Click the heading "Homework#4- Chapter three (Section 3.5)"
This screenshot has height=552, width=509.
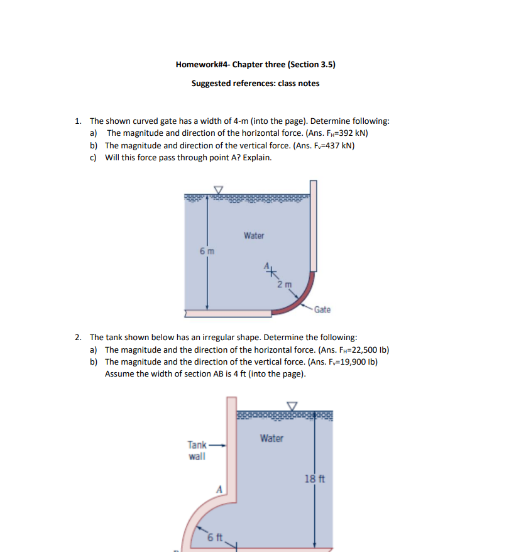point(255,64)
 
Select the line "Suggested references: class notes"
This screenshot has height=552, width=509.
point(255,83)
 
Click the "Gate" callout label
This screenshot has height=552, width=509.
point(322,309)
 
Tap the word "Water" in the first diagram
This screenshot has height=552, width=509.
point(254,236)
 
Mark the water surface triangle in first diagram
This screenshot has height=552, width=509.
point(219,189)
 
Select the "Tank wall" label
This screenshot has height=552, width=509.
point(197,451)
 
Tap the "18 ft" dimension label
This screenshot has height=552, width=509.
point(314,478)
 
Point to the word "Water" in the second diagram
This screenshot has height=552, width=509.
point(271,438)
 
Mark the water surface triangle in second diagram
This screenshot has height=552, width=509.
point(292,406)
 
